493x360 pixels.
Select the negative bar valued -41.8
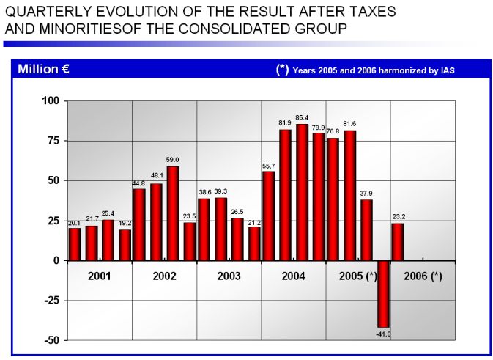click(383, 293)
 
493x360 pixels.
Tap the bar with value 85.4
click(302, 192)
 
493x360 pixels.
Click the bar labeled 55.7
click(268, 216)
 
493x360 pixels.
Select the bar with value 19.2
click(125, 245)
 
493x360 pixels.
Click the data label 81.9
click(285, 122)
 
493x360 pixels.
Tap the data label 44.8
click(138, 183)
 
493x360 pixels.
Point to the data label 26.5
click(237, 212)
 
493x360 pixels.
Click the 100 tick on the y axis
click(51, 100)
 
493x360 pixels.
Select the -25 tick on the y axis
click(51, 301)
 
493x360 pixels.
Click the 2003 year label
click(229, 276)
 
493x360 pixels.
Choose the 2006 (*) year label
click(423, 276)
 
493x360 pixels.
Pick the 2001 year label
click(99, 276)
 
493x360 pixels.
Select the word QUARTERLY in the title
click(45, 12)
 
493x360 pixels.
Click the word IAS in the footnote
click(456, 70)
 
